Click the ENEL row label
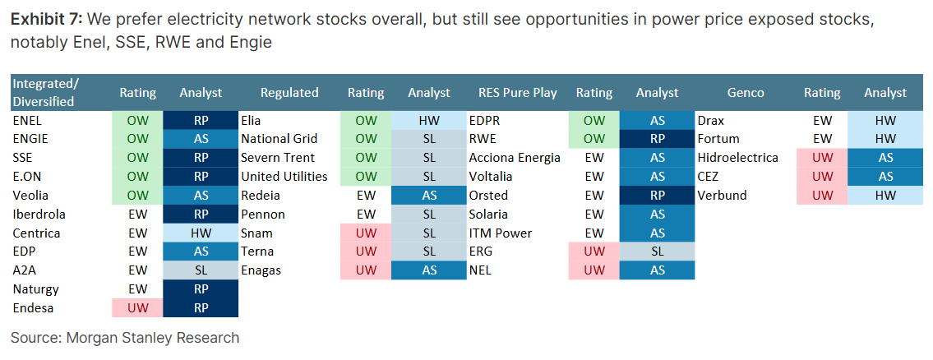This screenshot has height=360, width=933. click(27, 120)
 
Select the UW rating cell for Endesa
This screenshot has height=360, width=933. click(137, 308)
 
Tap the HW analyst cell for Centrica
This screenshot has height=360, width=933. click(201, 233)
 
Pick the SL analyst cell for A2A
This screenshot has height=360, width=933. click(201, 270)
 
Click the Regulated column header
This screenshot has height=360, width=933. click(289, 92)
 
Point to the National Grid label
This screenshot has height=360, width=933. click(279, 139)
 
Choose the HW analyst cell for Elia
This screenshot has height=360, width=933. click(429, 121)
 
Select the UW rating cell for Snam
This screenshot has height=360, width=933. click(366, 233)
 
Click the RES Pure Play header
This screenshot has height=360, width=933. click(518, 92)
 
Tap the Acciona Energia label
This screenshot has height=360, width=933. click(515, 158)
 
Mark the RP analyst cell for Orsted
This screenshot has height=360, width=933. click(657, 196)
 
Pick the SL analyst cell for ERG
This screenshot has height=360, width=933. click(657, 252)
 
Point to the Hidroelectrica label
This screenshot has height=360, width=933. click(738, 158)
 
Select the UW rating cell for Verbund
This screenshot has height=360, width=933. click(822, 196)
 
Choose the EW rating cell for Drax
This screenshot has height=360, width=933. click(822, 121)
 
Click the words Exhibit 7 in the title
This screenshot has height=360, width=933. click(46, 20)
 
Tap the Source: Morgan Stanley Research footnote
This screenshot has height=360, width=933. click(125, 338)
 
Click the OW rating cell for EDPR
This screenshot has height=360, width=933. click(594, 121)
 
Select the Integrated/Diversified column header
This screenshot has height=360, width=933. click(46, 92)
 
